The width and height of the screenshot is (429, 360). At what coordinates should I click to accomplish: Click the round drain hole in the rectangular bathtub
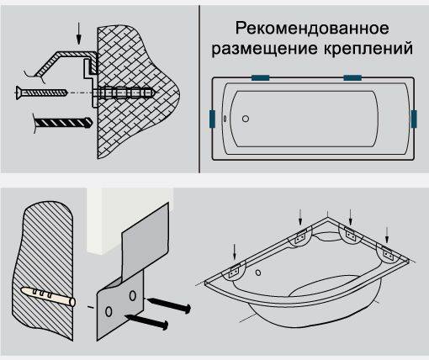click(x=245, y=119)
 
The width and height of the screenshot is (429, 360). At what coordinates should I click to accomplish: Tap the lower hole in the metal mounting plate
click(x=109, y=312)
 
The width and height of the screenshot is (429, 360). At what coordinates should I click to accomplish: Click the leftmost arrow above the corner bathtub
click(x=235, y=250)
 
